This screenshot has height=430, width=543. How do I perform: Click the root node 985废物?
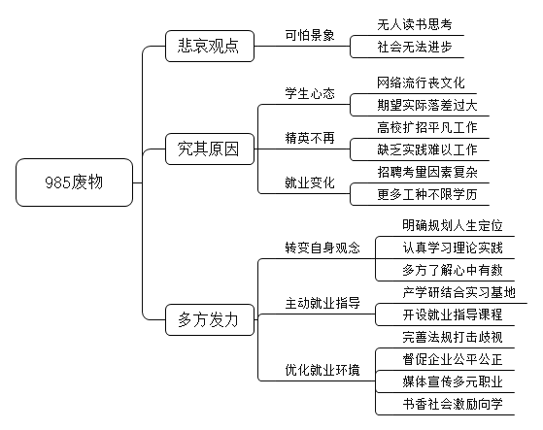[x=74, y=182]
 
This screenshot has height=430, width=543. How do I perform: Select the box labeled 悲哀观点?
[x=210, y=46]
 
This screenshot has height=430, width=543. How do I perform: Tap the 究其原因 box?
[x=210, y=149]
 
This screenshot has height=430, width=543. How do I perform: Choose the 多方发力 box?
[x=210, y=319]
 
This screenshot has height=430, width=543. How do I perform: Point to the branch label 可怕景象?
[x=310, y=35]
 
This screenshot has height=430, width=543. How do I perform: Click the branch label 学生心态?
[x=310, y=93]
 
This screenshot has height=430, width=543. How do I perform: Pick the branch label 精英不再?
[x=310, y=138]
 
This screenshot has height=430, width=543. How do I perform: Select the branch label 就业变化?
[x=310, y=182]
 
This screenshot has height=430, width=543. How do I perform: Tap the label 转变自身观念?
[x=322, y=248]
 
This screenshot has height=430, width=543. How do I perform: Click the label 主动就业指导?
[x=322, y=304]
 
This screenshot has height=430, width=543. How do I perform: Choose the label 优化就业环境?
[x=322, y=370]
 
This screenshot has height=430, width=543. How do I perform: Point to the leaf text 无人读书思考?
[x=415, y=24]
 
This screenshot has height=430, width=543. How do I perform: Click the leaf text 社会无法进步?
[x=415, y=47]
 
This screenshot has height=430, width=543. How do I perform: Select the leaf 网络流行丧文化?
[x=421, y=83]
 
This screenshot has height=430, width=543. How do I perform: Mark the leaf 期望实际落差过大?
[x=427, y=105]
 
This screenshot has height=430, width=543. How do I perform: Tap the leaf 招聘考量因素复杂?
[x=427, y=172]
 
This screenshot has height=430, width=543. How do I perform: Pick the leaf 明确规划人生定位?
[x=453, y=225]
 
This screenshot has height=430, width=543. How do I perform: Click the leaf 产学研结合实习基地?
[x=458, y=293]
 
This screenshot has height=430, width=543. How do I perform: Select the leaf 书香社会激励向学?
[x=453, y=404]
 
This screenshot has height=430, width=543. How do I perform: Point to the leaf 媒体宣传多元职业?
[x=453, y=381]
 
